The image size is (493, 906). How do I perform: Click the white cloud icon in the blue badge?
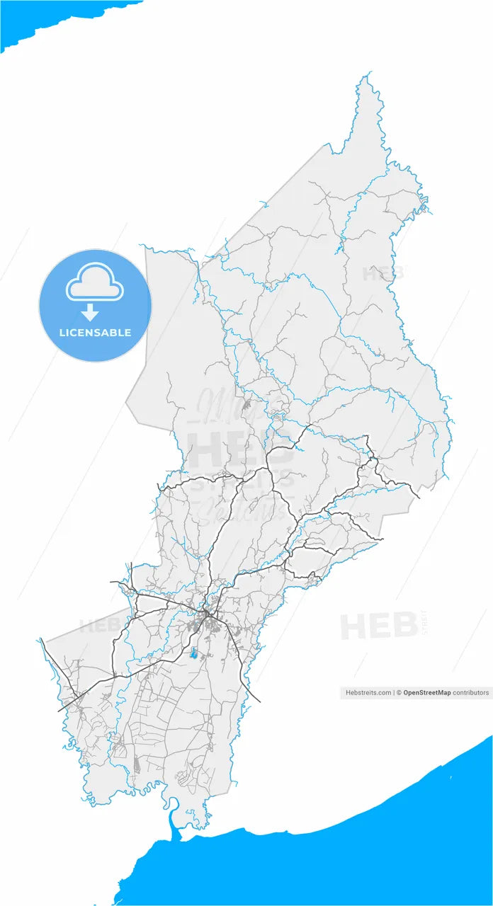point(95,283)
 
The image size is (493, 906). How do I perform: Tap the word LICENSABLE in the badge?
point(95,332)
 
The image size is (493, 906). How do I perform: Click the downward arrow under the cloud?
point(90,312)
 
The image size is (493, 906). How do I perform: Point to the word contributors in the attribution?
point(471,693)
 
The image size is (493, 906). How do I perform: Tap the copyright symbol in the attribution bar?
point(398,693)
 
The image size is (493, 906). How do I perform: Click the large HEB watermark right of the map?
point(378,626)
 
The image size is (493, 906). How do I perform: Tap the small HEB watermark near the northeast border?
point(382,273)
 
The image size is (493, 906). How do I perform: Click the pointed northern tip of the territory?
point(367,74)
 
